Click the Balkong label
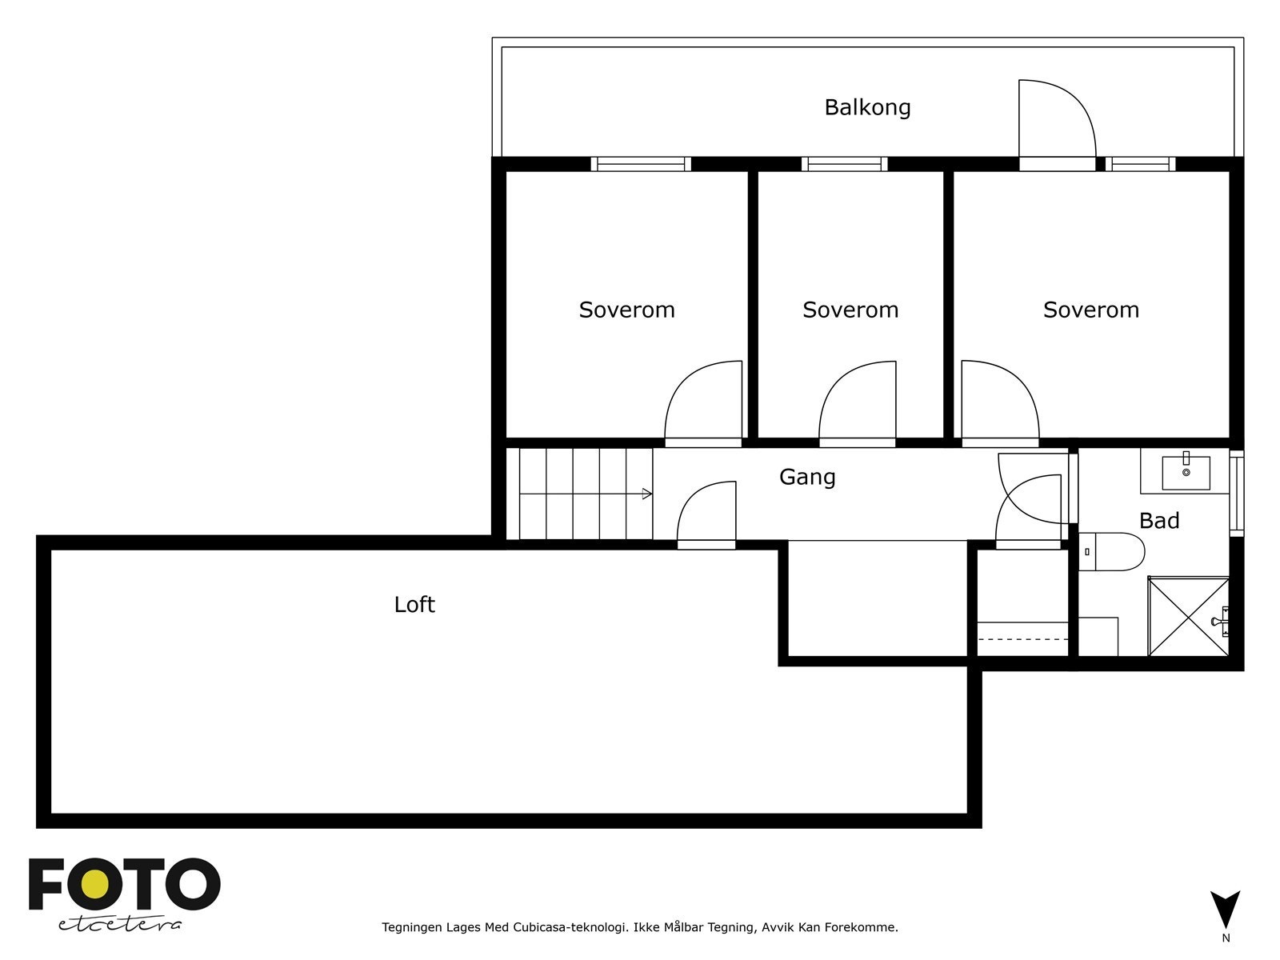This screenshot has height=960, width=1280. click(867, 108)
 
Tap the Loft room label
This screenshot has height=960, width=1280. click(414, 605)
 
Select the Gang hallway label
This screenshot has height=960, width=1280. click(807, 478)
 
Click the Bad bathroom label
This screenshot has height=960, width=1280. click(1159, 521)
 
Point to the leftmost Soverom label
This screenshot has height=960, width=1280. click(627, 310)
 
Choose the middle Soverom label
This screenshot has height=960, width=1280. click(851, 310)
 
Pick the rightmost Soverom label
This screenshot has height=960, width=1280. click(1091, 310)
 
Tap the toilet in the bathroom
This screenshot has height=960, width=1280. click(1111, 551)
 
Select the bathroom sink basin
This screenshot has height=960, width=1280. click(1186, 473)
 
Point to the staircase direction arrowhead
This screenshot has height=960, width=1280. click(646, 494)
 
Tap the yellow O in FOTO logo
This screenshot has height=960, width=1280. click(94, 884)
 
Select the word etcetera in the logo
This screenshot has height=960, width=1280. click(119, 925)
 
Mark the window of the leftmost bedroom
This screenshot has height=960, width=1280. click(641, 164)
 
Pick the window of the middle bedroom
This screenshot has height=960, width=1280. click(844, 164)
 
